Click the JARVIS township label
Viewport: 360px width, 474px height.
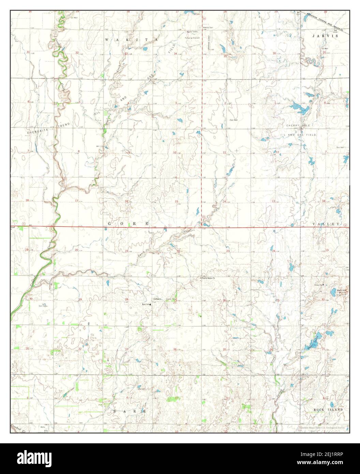(x=326, y=36)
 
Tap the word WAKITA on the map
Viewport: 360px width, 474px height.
(x=132, y=40)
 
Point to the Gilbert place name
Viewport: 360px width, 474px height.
(x=157, y=299)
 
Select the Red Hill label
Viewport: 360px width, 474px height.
(x=341, y=290)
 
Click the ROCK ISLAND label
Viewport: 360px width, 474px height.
(x=328, y=409)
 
